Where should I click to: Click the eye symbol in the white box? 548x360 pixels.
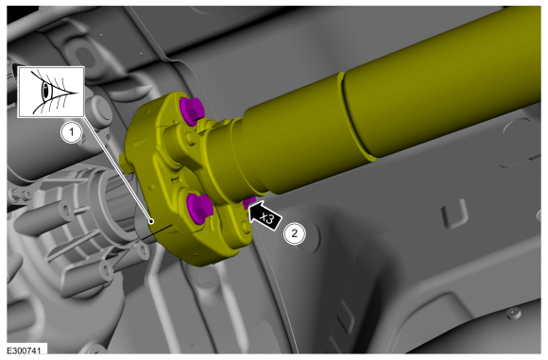[x=52, y=92]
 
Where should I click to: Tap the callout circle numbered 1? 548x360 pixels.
[x=72, y=132]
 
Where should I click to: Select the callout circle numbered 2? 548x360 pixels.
[x=294, y=233]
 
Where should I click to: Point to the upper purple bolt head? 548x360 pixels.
[x=191, y=111]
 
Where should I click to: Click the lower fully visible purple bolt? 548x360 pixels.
[x=198, y=208]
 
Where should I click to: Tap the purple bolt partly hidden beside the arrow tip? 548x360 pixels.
[x=249, y=202]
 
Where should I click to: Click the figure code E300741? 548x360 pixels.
[x=25, y=351]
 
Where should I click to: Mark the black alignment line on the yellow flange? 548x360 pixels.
[x=157, y=232]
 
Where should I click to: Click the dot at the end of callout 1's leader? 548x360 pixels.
[x=151, y=221]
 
